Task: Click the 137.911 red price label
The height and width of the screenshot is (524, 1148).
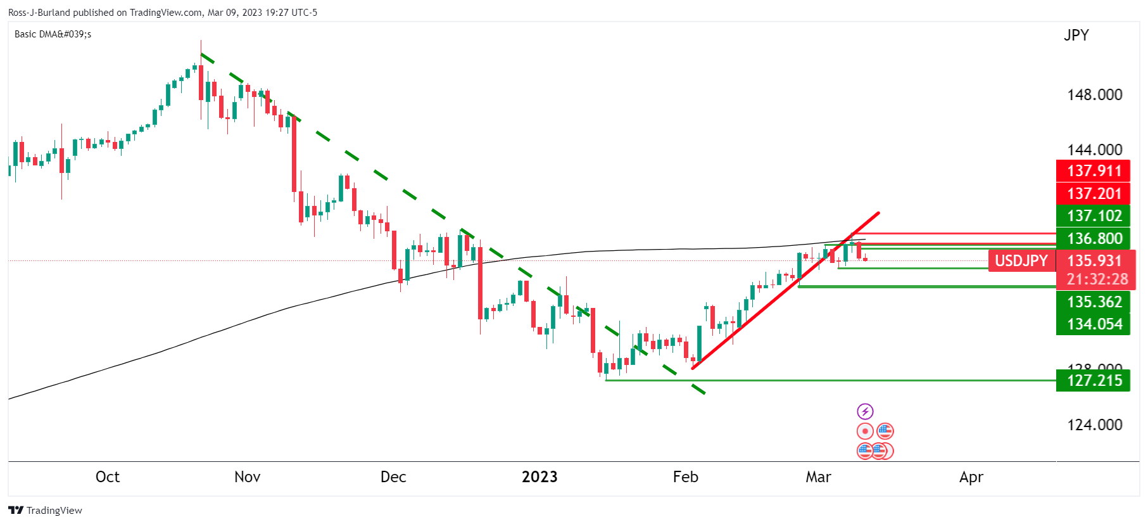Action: tap(1093, 171)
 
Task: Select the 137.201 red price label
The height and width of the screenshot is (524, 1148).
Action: tap(1093, 194)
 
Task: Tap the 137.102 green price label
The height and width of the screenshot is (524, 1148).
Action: tap(1093, 216)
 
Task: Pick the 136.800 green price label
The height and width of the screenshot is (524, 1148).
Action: tap(1093, 239)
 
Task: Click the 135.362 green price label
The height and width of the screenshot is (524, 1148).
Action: tap(1093, 302)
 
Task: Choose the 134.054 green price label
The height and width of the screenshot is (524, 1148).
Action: tap(1093, 324)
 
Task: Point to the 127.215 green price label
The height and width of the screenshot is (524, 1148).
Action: tap(1093, 381)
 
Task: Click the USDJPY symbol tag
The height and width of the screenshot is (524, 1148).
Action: tap(1021, 261)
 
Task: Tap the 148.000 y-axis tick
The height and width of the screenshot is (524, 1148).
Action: tap(1094, 95)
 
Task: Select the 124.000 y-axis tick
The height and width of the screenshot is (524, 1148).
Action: tap(1094, 425)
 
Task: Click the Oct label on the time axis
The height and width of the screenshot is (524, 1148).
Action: tap(108, 477)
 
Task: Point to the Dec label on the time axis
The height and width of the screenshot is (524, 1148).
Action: tap(393, 477)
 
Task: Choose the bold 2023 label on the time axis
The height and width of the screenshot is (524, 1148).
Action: tap(539, 477)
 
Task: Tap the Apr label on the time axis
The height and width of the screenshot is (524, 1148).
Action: tap(971, 477)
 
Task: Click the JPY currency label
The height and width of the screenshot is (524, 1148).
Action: tap(1076, 35)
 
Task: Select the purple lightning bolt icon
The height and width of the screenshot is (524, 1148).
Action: tap(865, 412)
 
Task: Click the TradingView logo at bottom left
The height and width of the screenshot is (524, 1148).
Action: tap(46, 511)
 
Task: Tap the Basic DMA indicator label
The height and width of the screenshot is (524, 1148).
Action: tap(53, 34)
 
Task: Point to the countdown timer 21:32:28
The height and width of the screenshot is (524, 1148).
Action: tap(1097, 279)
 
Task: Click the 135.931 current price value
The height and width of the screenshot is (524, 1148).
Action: tap(1094, 261)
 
